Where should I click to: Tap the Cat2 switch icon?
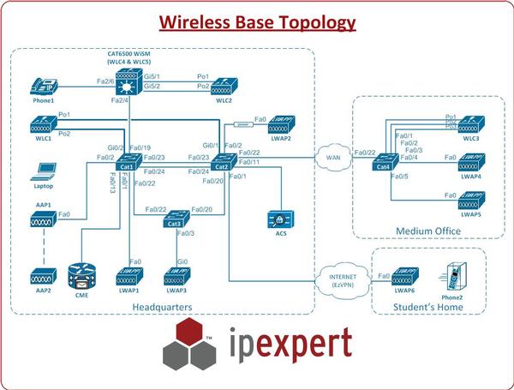(x=225, y=160)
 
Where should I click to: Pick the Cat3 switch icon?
(x=177, y=221)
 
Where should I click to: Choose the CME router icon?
(x=83, y=277)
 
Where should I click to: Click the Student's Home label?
(x=426, y=307)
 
